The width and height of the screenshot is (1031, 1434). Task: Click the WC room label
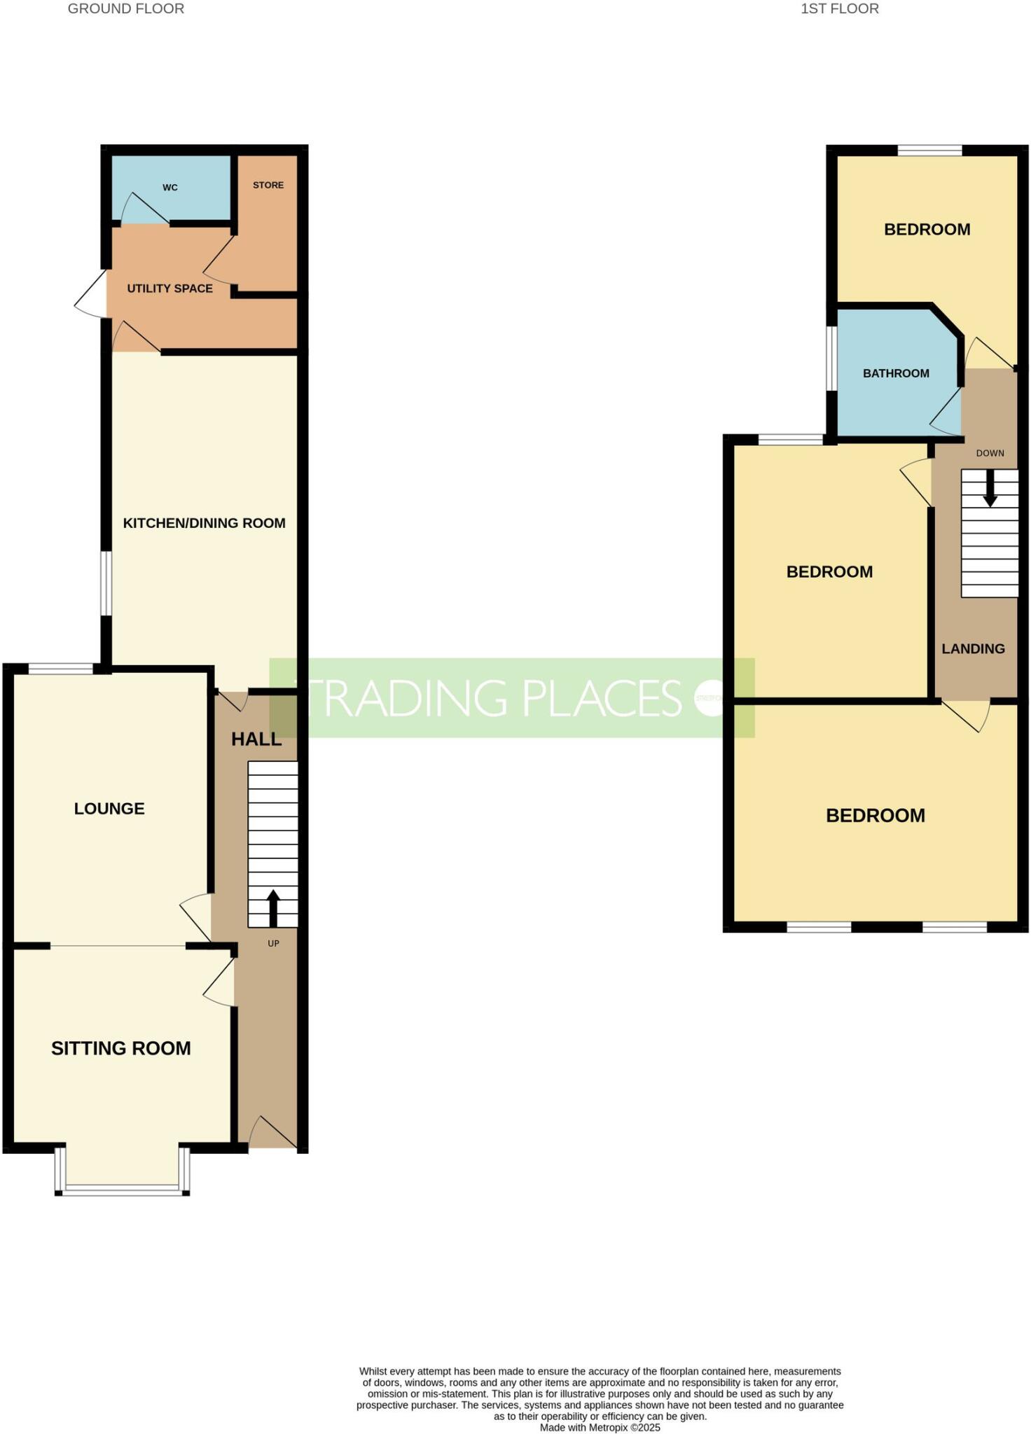point(169,188)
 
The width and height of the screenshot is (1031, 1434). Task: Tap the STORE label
point(268,185)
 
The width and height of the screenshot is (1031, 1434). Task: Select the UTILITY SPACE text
point(169,288)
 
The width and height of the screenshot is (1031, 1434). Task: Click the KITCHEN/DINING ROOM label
point(204,523)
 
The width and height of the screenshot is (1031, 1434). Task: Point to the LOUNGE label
point(109,809)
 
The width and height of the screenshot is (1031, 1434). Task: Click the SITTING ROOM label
point(120,1048)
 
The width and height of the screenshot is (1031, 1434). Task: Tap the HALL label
point(256,739)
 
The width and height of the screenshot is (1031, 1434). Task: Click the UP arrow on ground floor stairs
point(273,908)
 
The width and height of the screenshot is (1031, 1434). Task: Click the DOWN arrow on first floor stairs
point(990,488)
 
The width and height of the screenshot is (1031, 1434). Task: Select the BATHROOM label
point(896,374)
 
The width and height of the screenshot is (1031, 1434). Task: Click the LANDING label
point(973,649)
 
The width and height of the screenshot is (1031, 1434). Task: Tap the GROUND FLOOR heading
point(126,9)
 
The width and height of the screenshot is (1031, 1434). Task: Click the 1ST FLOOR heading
point(840,9)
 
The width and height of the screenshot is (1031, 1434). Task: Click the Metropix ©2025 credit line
point(600,1427)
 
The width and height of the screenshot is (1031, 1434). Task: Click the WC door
point(146,209)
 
